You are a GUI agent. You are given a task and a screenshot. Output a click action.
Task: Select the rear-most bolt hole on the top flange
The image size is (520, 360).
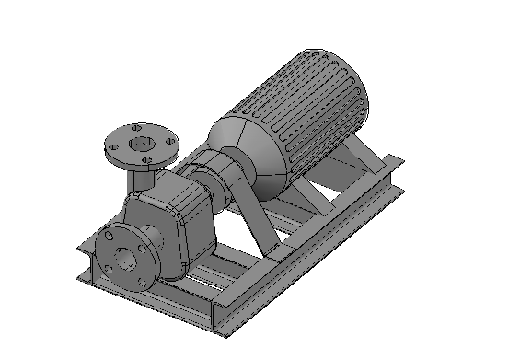click(x=136, y=126)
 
